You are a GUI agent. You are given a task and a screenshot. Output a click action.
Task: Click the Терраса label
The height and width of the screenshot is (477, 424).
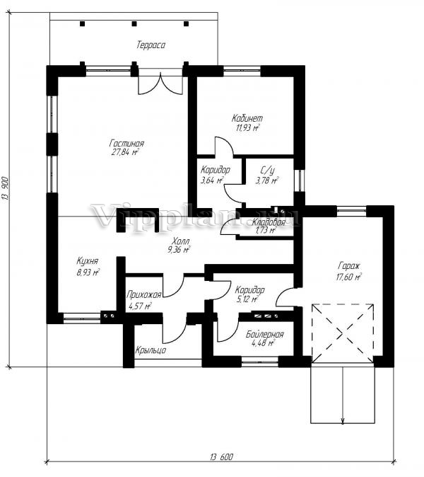[x=151, y=45]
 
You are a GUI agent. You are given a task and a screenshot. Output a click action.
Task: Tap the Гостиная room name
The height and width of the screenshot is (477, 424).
[x=126, y=143]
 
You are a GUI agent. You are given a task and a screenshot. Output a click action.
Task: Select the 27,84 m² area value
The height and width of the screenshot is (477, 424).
[x=125, y=152]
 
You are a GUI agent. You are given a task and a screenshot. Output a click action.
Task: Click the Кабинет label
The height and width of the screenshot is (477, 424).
[x=247, y=118]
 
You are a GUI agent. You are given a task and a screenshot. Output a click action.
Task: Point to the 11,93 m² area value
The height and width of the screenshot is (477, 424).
[x=248, y=127]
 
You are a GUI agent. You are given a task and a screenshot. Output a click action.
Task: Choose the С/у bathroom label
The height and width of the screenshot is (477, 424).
[x=268, y=170]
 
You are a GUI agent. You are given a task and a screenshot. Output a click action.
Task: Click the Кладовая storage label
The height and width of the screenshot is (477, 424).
[x=269, y=222]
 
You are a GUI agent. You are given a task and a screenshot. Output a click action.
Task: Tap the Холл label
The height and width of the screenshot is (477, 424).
[x=180, y=241]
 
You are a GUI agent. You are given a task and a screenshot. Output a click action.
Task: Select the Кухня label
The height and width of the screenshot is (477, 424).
[x=87, y=261]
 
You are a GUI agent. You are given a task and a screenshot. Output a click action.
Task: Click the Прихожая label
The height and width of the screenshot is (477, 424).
[x=143, y=294]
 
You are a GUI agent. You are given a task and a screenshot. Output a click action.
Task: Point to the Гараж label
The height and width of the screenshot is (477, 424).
[x=348, y=267]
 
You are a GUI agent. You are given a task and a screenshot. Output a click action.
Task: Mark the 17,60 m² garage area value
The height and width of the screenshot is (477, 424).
[x=348, y=277]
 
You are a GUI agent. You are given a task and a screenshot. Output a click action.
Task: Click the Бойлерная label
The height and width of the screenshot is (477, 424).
[x=265, y=334]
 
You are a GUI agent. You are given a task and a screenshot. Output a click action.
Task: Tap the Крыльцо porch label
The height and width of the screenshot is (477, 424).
[x=151, y=350]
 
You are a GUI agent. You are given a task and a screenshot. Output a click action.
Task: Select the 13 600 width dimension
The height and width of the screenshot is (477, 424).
[x=221, y=457]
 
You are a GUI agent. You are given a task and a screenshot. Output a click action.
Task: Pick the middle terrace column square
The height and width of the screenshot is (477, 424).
[x=134, y=24]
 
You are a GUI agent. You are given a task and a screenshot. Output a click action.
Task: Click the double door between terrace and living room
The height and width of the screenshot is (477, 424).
[x=160, y=81]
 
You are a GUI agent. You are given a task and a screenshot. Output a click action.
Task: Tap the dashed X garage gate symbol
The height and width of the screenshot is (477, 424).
[x=343, y=333]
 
